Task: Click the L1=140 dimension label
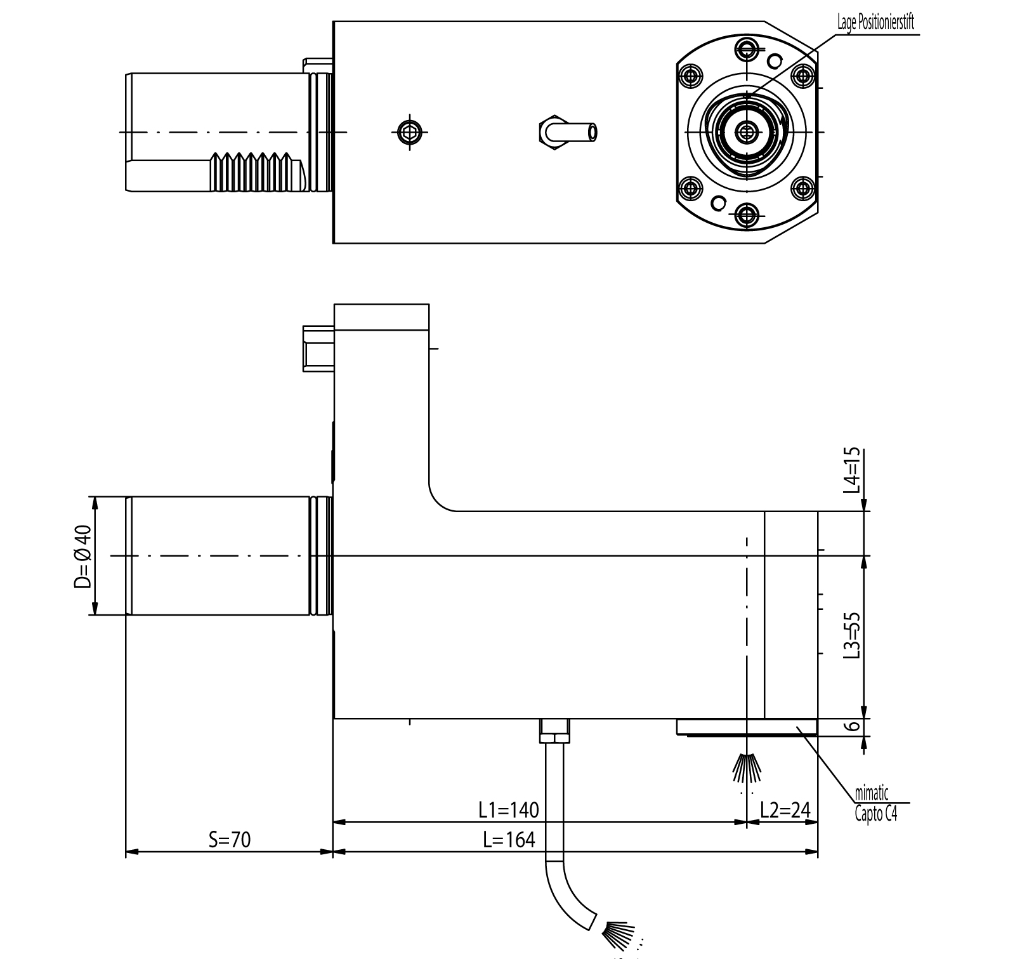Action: pyautogui.click(x=508, y=810)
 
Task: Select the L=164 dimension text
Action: pyautogui.click(x=508, y=840)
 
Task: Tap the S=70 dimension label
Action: pyautogui.click(x=230, y=840)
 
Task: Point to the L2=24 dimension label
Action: pyautogui.click(x=785, y=810)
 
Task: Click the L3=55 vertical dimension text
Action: pyautogui.click(x=854, y=635)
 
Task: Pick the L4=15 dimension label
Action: pyautogui.click(x=854, y=470)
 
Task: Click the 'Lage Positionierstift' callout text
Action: pyautogui.click(x=875, y=24)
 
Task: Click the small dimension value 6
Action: pyautogui.click(x=854, y=726)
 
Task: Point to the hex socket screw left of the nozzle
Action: pyautogui.click(x=410, y=132)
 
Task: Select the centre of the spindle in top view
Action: pyautogui.click(x=747, y=132)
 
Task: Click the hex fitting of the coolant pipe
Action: pyautogui.click(x=554, y=732)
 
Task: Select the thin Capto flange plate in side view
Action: pyautogui.click(x=747, y=727)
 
